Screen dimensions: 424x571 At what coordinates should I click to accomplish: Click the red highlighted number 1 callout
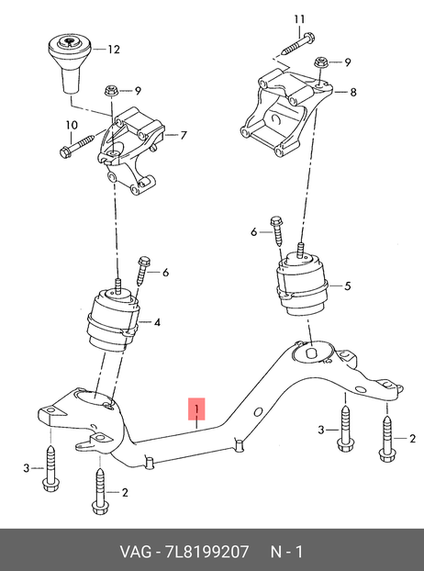pyautogui.click(x=196, y=409)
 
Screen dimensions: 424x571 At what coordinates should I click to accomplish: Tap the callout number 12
pyautogui.click(x=114, y=50)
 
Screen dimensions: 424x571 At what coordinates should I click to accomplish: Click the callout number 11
pyautogui.click(x=299, y=19)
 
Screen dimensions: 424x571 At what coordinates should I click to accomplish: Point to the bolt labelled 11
pyautogui.click(x=296, y=44)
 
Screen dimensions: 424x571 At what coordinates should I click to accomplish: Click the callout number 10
pyautogui.click(x=72, y=126)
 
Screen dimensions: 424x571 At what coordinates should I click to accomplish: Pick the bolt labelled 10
pyautogui.click(x=76, y=146)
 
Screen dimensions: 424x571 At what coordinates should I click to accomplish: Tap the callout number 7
pyautogui.click(x=184, y=136)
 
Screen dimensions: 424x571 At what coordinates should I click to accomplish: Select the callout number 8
pyautogui.click(x=352, y=93)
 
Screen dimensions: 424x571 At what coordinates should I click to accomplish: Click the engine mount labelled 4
pyautogui.click(x=113, y=319)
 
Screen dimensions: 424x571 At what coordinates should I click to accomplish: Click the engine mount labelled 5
pyautogui.click(x=302, y=283)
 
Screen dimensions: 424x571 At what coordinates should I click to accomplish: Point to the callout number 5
pyautogui.click(x=348, y=285)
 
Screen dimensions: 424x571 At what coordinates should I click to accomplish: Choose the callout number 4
pyautogui.click(x=157, y=322)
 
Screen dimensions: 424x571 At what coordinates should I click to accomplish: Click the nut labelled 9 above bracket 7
pyautogui.click(x=110, y=90)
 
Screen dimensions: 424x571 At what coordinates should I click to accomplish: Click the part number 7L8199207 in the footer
pyautogui.click(x=207, y=552)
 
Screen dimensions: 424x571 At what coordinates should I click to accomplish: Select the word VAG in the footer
pyautogui.click(x=136, y=552)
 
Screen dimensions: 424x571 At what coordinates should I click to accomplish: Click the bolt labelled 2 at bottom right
pyautogui.click(x=386, y=439)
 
